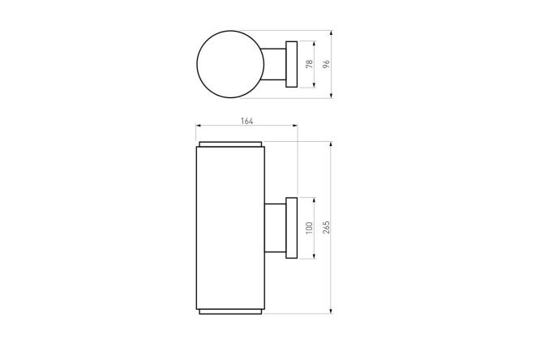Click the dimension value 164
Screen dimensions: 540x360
click(246, 121)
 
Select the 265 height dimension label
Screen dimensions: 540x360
click(326, 227)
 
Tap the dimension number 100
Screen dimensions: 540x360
click(309, 228)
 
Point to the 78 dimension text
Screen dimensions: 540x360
click(309, 64)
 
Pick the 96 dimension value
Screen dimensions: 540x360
click(326, 64)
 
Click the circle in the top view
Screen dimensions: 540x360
click(197, 64)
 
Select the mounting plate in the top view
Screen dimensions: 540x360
click(291, 64)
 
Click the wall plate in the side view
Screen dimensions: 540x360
click(291, 228)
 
